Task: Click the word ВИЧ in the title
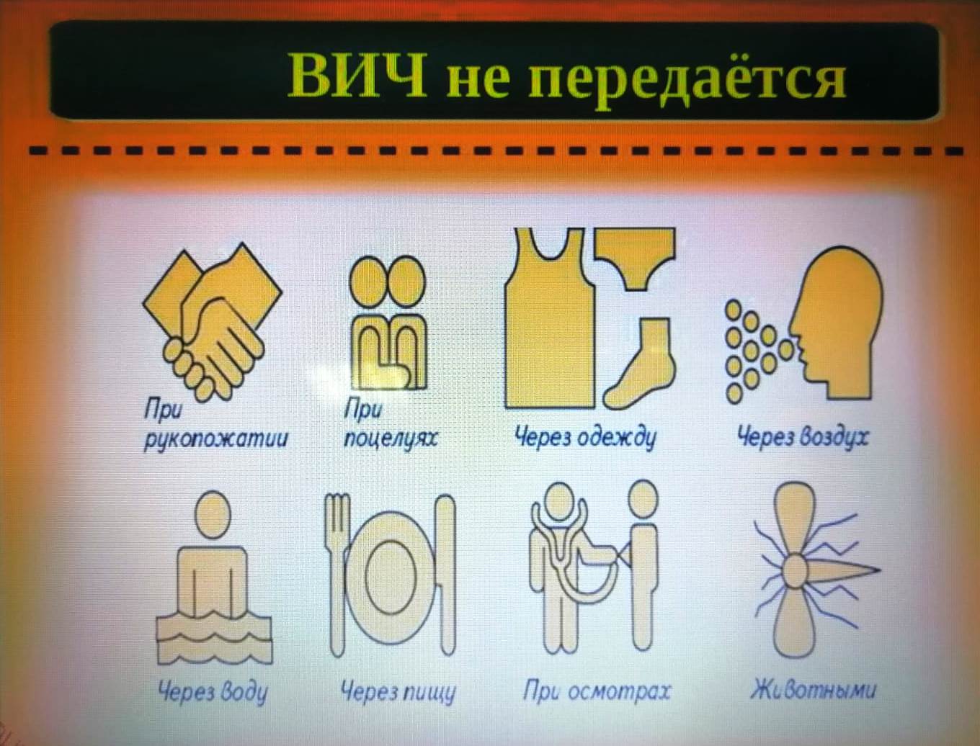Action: pos(357,75)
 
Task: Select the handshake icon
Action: pos(213,321)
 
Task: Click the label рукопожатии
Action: pos(215,439)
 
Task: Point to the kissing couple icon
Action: pos(387,322)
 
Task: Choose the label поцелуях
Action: pos(391,439)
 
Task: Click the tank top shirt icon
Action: pos(550,318)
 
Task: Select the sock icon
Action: pos(639,363)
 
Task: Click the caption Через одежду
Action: pos(585,437)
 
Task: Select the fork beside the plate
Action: pos(337,574)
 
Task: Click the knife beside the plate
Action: pos(445,575)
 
